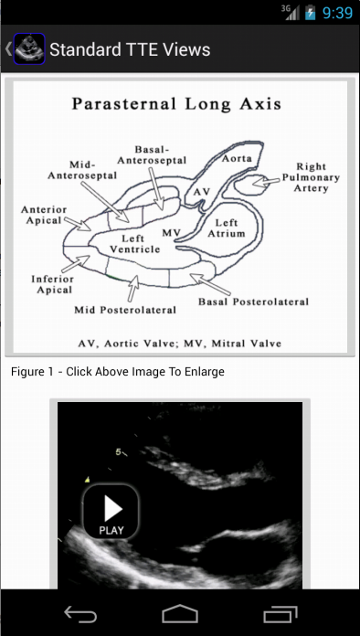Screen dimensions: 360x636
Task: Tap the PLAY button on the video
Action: pyautogui.click(x=111, y=512)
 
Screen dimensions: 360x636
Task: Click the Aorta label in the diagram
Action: pyautogui.click(x=237, y=159)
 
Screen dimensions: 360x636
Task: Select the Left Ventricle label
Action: pyautogui.click(x=134, y=243)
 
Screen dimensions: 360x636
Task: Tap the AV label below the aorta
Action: pyautogui.click(x=202, y=192)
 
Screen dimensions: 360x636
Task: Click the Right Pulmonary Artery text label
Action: pyautogui.click(x=311, y=177)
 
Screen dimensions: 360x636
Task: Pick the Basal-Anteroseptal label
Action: pyautogui.click(x=152, y=155)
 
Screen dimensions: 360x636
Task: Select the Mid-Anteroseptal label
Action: pyautogui.click(x=82, y=170)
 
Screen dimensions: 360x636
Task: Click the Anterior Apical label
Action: pyautogui.click(x=44, y=215)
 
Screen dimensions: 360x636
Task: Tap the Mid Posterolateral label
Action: pyautogui.click(x=125, y=311)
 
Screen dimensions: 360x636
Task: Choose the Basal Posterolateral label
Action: pyautogui.click(x=253, y=302)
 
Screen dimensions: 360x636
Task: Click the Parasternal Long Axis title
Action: pyautogui.click(x=176, y=104)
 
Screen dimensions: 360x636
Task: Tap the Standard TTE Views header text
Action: pyautogui.click(x=130, y=49)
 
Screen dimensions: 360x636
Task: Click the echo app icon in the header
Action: pyautogui.click(x=29, y=48)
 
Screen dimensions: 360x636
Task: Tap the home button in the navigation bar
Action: pyautogui.click(x=180, y=614)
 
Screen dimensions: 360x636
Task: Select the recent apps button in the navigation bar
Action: pyautogui.click(x=281, y=614)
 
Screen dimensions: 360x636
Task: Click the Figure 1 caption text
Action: pyautogui.click(x=118, y=372)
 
